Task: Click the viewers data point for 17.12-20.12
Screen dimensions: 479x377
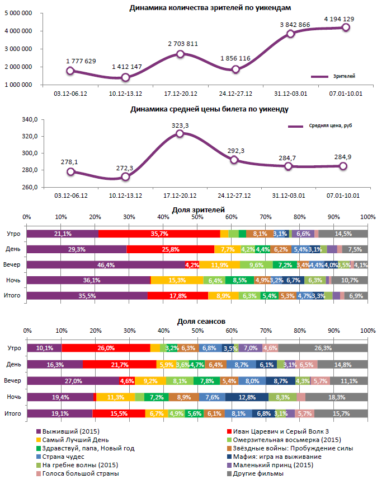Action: [x=180, y=54]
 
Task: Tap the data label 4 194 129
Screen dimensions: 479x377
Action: [x=338, y=19]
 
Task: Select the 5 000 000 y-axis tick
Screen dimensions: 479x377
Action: [x=18, y=13]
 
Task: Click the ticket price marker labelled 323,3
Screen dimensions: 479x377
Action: [x=180, y=133]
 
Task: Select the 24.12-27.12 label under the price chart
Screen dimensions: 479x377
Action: [x=234, y=196]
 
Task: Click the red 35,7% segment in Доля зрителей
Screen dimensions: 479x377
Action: [x=159, y=234]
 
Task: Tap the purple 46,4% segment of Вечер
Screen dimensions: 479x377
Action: [x=106, y=264]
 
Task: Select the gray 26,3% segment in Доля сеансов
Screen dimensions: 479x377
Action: [x=323, y=348]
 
